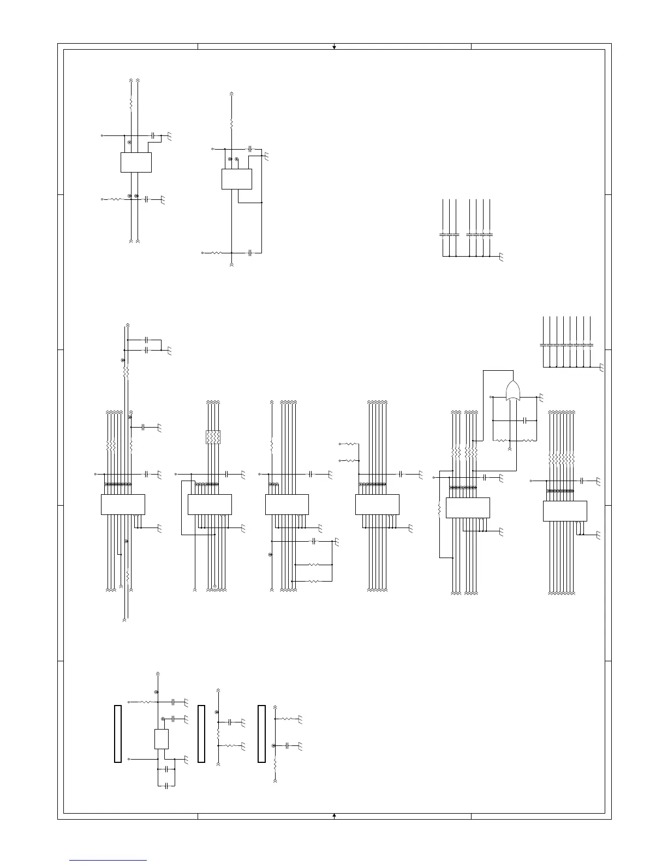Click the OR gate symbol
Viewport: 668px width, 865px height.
click(x=513, y=390)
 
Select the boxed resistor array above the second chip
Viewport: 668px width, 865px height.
click(x=213, y=437)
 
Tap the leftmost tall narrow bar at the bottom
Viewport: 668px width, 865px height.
click(x=117, y=733)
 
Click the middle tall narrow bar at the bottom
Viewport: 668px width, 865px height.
click(x=201, y=733)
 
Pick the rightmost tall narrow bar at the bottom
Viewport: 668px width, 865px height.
click(x=261, y=733)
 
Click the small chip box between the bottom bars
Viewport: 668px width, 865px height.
click(x=161, y=739)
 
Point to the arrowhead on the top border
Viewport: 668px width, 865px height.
click(x=334, y=48)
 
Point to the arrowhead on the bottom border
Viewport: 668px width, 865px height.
click(x=334, y=815)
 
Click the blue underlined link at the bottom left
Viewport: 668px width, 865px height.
click(x=109, y=861)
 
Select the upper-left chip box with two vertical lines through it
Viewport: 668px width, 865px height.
click(x=136, y=162)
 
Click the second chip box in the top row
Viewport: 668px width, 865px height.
click(x=236, y=179)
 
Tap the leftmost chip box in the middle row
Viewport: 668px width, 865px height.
click(x=123, y=504)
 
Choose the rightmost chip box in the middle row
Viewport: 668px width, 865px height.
click(x=565, y=511)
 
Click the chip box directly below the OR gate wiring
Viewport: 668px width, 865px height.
click(x=468, y=508)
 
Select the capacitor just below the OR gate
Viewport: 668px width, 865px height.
click(x=524, y=420)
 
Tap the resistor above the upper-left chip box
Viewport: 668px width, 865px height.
click(x=131, y=102)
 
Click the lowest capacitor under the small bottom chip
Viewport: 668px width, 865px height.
click(x=166, y=785)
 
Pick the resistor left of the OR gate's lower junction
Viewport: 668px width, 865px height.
click(x=501, y=440)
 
